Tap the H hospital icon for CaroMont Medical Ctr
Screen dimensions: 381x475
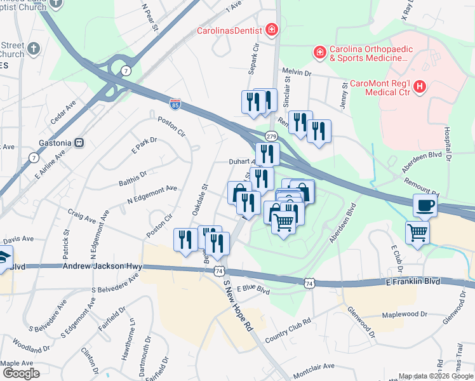click(x=420, y=89)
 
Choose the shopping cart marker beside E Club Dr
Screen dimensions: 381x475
click(x=417, y=233)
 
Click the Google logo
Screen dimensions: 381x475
click(x=21, y=373)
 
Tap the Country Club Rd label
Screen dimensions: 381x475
click(x=288, y=331)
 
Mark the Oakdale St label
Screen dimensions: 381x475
click(x=200, y=199)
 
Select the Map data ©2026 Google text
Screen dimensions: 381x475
click(x=436, y=375)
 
